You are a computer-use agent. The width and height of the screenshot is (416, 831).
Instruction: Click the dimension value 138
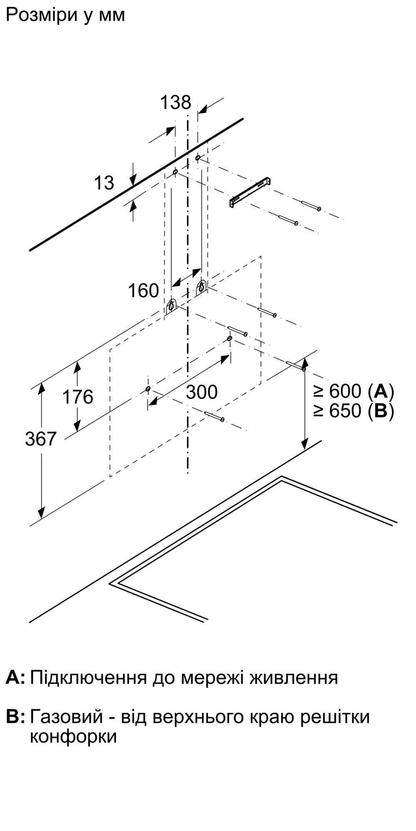point(176,103)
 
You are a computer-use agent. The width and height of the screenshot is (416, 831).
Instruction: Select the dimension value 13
point(104,183)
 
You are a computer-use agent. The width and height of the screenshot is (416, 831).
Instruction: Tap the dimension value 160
point(144,291)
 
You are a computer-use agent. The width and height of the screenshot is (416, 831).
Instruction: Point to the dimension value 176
point(78,397)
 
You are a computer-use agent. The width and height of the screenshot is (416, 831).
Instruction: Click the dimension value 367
point(41,439)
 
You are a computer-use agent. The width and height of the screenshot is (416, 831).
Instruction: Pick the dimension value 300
point(202,392)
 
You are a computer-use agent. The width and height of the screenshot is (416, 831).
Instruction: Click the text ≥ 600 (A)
point(354,391)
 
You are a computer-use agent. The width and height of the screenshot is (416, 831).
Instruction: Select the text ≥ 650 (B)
point(354,411)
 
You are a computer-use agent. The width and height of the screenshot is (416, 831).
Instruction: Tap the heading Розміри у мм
point(65,15)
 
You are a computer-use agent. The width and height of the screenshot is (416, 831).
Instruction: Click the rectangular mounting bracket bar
point(250,192)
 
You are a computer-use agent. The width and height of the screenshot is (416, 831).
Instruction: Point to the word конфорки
point(73,737)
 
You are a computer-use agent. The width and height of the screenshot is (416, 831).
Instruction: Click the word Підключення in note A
point(89,678)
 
